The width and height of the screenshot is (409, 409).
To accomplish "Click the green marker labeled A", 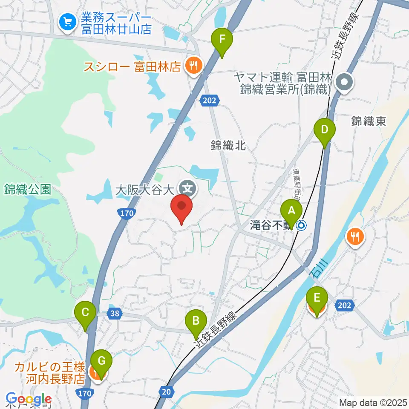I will point(291,211).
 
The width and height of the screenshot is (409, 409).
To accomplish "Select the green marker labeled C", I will point(85,313).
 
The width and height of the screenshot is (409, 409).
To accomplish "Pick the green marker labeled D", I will point(325,130).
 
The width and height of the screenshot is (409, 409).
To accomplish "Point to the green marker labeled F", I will point(222,39).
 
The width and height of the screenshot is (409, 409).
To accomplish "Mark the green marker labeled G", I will point(101,362).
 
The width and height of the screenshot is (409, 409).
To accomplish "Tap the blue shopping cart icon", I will point(67,22).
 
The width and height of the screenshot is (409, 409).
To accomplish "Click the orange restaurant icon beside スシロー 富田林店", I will point(194,66).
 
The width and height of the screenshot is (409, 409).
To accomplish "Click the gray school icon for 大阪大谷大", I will point(186,187).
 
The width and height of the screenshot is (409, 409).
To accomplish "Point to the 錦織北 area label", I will point(228,145).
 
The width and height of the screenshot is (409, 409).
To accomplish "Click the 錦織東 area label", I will point(369,121).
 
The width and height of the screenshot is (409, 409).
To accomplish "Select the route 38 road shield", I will point(112,314).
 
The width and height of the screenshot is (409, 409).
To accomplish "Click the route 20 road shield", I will point(167,390).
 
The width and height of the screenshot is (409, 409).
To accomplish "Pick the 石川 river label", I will point(317,271).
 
